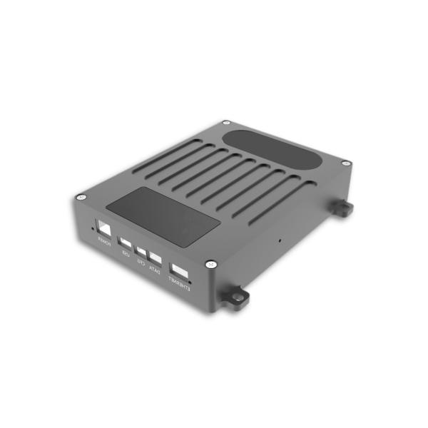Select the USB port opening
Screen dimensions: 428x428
coord(126,242)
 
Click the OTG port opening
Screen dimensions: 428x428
coord(142,251)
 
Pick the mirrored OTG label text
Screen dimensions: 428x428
coord(141,263)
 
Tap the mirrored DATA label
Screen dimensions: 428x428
coord(153,270)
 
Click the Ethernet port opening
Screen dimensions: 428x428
coord(180,272)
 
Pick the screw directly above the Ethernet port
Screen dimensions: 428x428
coord(209,263)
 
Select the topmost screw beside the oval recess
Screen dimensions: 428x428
coord(226,123)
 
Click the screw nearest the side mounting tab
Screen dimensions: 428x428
coord(345,164)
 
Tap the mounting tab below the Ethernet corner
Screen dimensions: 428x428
coord(235,299)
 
